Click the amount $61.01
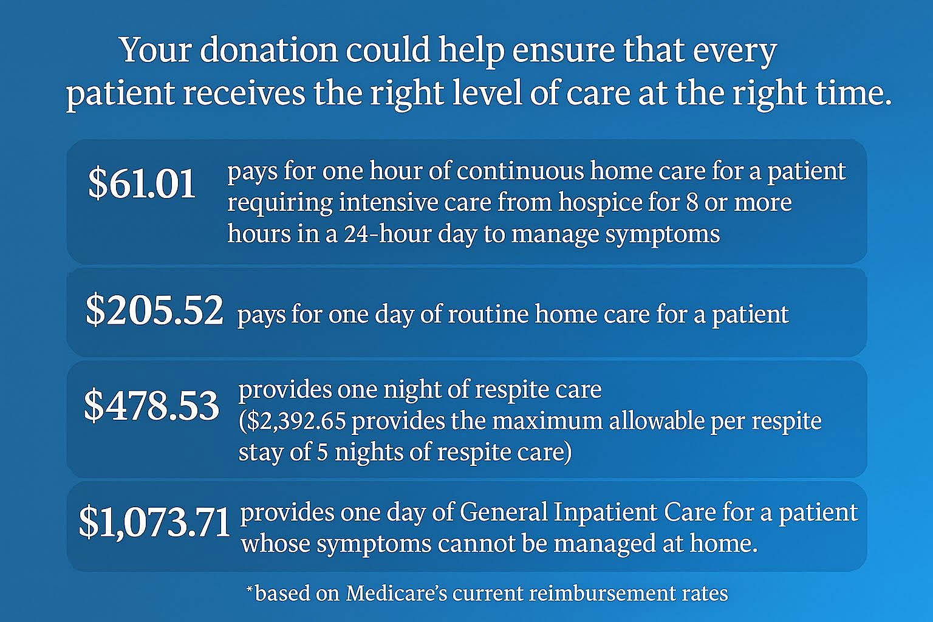[x=142, y=183]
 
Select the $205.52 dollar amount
[x=154, y=310]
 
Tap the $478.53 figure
[x=151, y=405]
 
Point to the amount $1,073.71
[x=154, y=522]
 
